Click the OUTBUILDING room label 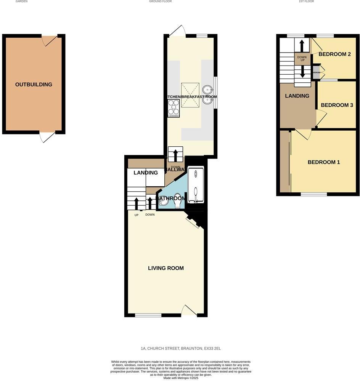34,85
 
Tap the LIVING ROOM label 166,268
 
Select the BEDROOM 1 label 324,162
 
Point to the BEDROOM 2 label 334,54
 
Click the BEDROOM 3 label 337,105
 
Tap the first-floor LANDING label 297,96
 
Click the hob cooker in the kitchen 174,108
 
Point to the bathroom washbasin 164,202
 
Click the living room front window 148,315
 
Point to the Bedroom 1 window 314,194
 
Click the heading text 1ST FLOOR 306,2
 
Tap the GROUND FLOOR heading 160,2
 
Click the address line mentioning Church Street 181,349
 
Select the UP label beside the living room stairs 136,215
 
